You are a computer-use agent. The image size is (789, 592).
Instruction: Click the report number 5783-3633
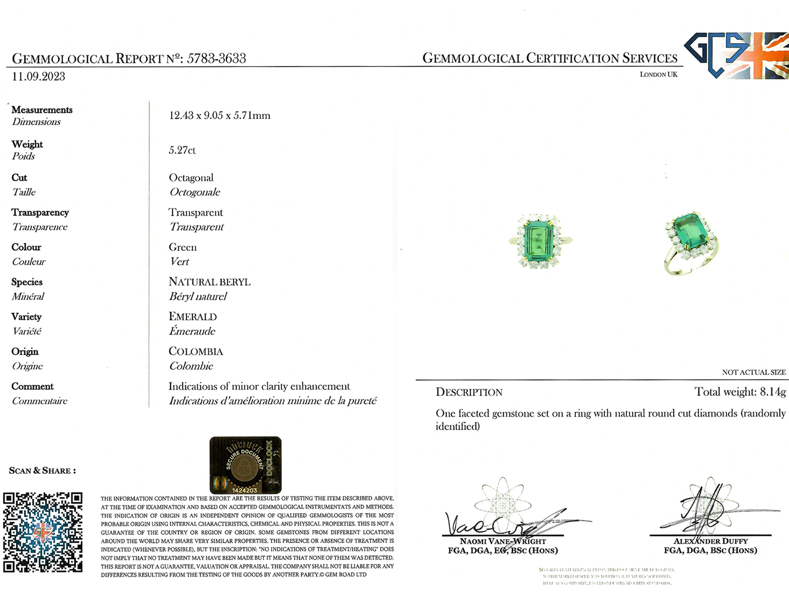[x=216, y=58]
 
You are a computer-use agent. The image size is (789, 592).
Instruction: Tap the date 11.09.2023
[x=38, y=77]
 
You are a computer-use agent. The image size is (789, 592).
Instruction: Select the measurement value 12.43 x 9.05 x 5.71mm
[x=219, y=116]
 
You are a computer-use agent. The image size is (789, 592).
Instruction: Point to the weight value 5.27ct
[x=182, y=150]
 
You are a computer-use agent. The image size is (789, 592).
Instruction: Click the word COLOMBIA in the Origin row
[x=196, y=351]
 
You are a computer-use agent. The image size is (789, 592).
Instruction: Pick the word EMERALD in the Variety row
[x=193, y=317]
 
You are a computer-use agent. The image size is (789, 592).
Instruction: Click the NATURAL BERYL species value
[x=209, y=282]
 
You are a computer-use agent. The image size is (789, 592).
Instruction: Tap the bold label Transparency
[x=40, y=213]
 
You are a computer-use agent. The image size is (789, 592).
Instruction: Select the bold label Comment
[x=32, y=386]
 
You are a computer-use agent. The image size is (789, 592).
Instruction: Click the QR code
[x=43, y=532]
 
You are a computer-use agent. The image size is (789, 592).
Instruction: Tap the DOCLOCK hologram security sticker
[x=245, y=465]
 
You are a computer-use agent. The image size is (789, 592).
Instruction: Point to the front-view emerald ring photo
[x=539, y=241]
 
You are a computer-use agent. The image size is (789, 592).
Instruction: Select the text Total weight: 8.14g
[x=740, y=392]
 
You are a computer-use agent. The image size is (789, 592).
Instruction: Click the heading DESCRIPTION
[x=469, y=392]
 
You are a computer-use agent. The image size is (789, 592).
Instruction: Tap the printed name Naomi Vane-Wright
[x=503, y=541]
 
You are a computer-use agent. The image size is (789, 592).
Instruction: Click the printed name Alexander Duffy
[x=710, y=541]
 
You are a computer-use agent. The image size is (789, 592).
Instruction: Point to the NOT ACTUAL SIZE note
[x=754, y=372]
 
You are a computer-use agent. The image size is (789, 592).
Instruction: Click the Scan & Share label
[x=42, y=471]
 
